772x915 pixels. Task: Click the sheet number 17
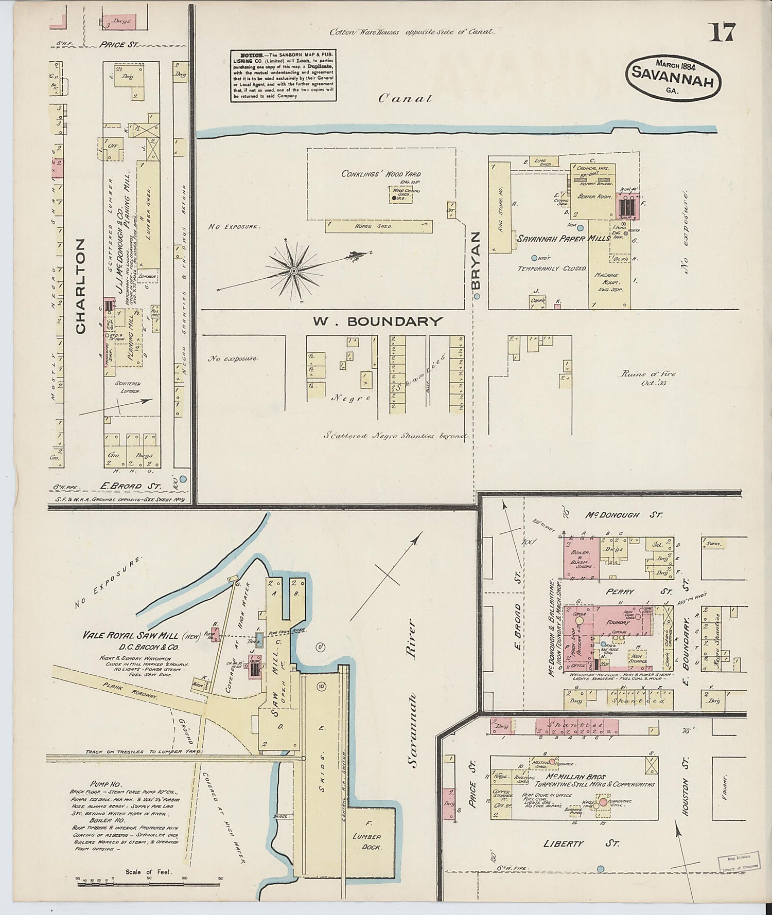pos(723,32)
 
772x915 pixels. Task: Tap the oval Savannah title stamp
pos(674,76)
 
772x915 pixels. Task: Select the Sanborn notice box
pos(283,76)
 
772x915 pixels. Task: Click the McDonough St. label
pos(625,514)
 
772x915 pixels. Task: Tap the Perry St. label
pos(620,591)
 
